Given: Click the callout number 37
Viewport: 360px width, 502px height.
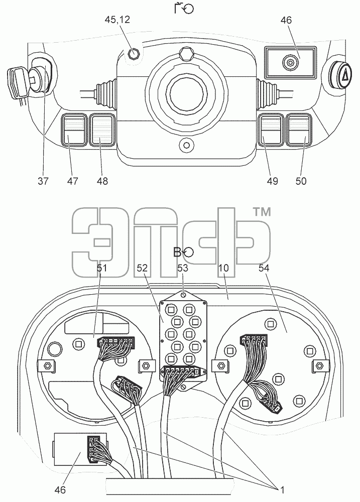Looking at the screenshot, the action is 43,181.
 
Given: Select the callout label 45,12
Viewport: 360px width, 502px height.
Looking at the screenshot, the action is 117,20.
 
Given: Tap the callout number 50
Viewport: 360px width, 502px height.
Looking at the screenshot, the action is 301,181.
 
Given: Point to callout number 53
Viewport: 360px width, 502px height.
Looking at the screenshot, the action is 183,268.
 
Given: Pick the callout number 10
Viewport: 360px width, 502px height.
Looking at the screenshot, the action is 223,268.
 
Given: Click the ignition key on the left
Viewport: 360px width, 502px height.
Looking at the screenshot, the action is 19,83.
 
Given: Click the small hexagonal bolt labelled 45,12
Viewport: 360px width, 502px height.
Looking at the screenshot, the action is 133,54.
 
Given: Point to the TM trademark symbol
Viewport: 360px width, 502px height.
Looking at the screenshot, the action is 262,212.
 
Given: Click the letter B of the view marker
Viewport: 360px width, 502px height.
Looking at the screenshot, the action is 177,253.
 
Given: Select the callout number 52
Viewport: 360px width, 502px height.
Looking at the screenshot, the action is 142,268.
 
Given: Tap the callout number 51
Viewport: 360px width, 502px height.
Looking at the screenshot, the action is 101,268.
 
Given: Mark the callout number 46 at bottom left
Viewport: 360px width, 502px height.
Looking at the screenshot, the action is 60,489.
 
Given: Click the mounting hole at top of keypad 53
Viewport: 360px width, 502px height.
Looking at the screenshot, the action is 183,295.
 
